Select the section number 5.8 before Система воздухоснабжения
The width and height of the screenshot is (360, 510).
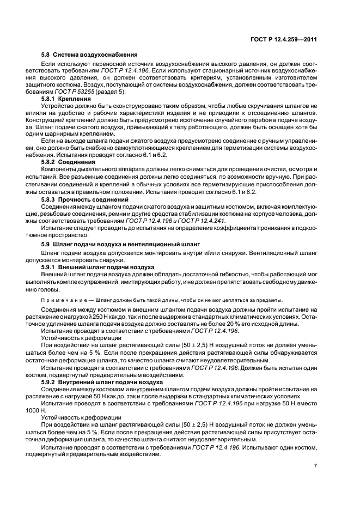pos(46,55)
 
